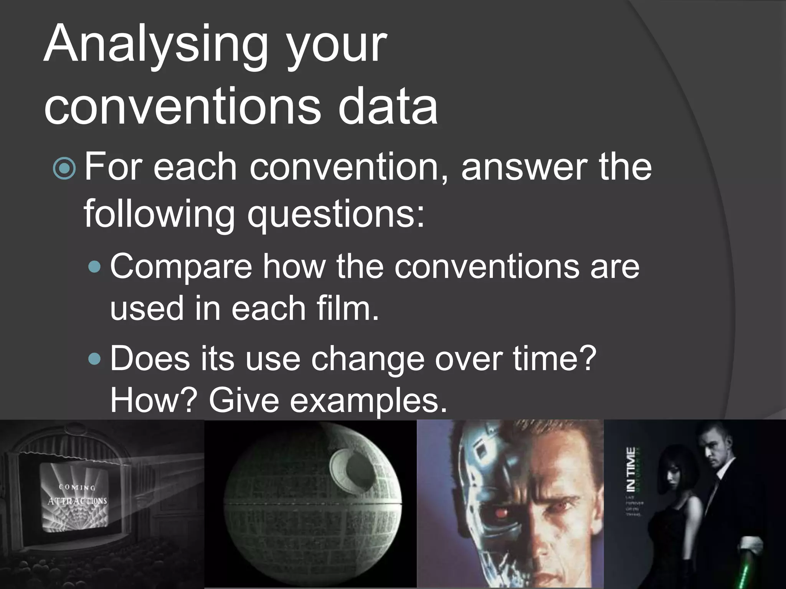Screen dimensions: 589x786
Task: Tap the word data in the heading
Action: point(388,105)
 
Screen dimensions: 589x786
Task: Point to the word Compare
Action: point(181,267)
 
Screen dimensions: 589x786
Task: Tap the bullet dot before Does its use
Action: point(94,359)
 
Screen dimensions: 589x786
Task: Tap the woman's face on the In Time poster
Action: point(676,477)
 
